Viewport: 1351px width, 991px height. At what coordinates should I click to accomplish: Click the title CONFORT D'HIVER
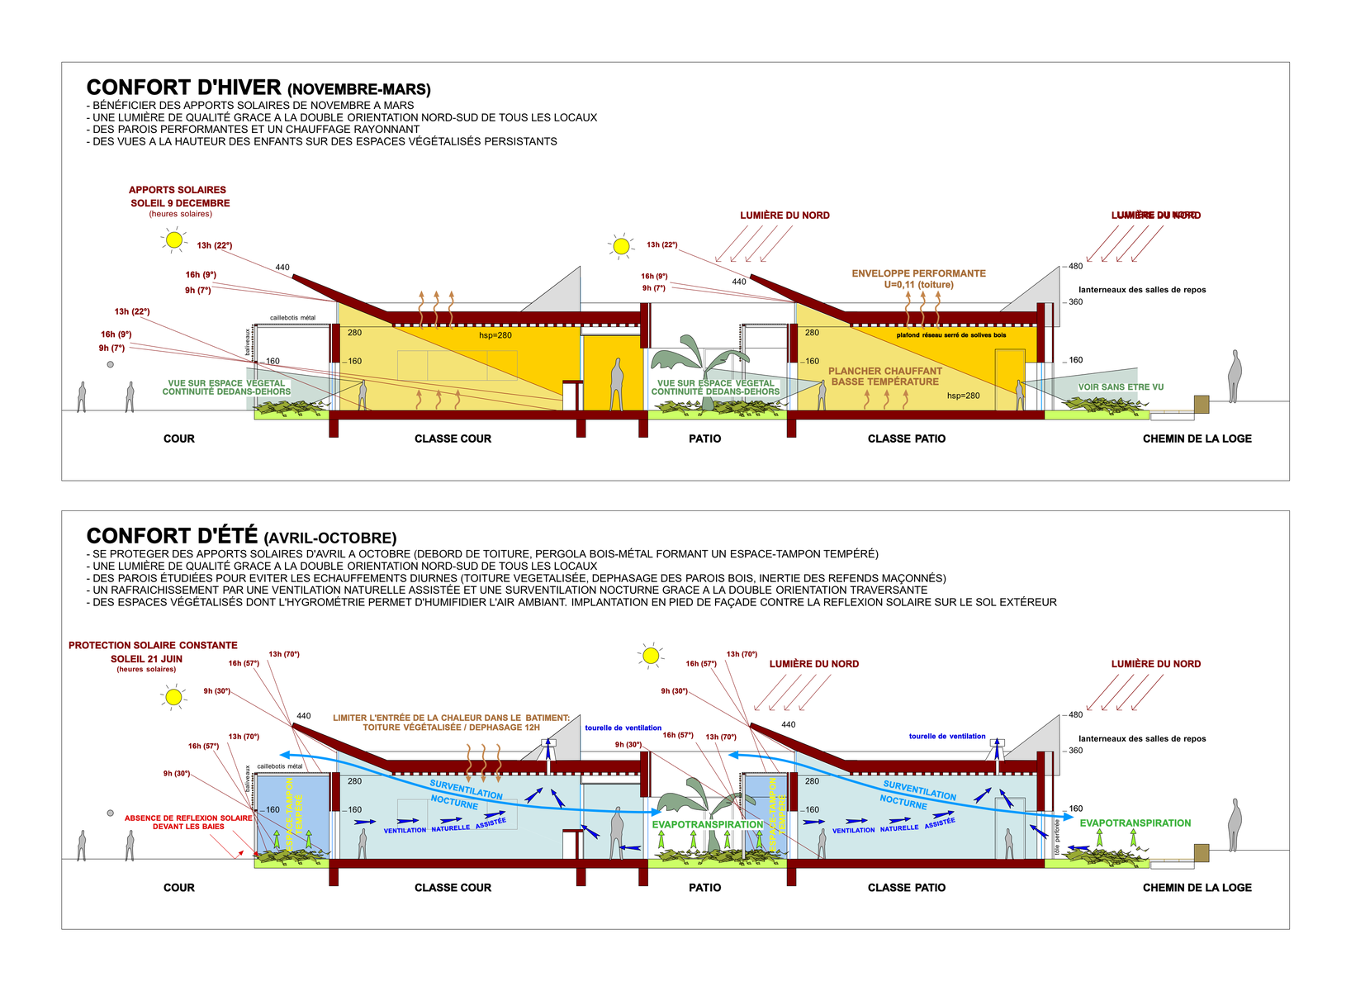183,88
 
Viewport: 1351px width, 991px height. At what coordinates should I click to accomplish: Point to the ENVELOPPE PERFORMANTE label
918,273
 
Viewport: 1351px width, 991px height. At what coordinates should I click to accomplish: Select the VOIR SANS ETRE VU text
1121,386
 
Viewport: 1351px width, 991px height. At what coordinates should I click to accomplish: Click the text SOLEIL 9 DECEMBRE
180,203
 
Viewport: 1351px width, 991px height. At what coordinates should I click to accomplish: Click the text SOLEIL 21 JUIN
146,659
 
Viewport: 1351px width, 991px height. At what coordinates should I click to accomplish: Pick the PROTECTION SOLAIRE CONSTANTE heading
153,645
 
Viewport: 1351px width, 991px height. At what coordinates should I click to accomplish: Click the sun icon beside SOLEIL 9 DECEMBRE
173,239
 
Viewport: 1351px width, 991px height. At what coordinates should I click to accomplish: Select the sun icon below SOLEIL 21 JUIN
173,697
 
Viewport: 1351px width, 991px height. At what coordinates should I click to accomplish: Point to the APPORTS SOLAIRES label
177,190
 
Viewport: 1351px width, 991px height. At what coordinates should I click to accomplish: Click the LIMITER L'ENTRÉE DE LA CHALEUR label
451,718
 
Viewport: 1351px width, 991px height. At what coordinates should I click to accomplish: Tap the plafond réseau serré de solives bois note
951,335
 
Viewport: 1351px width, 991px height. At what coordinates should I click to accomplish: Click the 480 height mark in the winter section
1075,266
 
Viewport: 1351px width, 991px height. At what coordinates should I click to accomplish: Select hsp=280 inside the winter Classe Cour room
495,335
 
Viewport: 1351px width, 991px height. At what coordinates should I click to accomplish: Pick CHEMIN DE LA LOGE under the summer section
1197,888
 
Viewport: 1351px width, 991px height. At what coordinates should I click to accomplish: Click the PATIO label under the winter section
704,439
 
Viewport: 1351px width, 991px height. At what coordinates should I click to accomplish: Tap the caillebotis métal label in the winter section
292,318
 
